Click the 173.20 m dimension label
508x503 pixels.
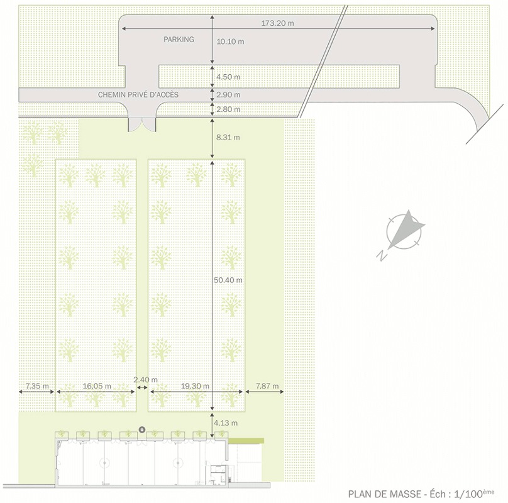278,23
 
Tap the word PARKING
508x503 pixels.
179,39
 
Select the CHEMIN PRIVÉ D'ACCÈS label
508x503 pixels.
138,95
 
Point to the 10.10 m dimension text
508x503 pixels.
230,41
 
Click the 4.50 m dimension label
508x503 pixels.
228,77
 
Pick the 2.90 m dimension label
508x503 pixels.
228,95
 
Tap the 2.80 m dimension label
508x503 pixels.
228,109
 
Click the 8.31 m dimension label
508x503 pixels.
228,137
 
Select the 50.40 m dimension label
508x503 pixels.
228,280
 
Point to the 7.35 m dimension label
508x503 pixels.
37,386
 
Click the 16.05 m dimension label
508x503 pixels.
97,386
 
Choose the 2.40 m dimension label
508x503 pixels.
146,380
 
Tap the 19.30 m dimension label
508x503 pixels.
195,386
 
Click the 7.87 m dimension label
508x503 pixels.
267,386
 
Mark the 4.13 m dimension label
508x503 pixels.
226,423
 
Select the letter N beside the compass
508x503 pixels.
382,256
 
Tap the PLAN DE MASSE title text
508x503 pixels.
385,494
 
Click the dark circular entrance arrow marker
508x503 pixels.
142,430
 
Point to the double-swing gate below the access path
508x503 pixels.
142,124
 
